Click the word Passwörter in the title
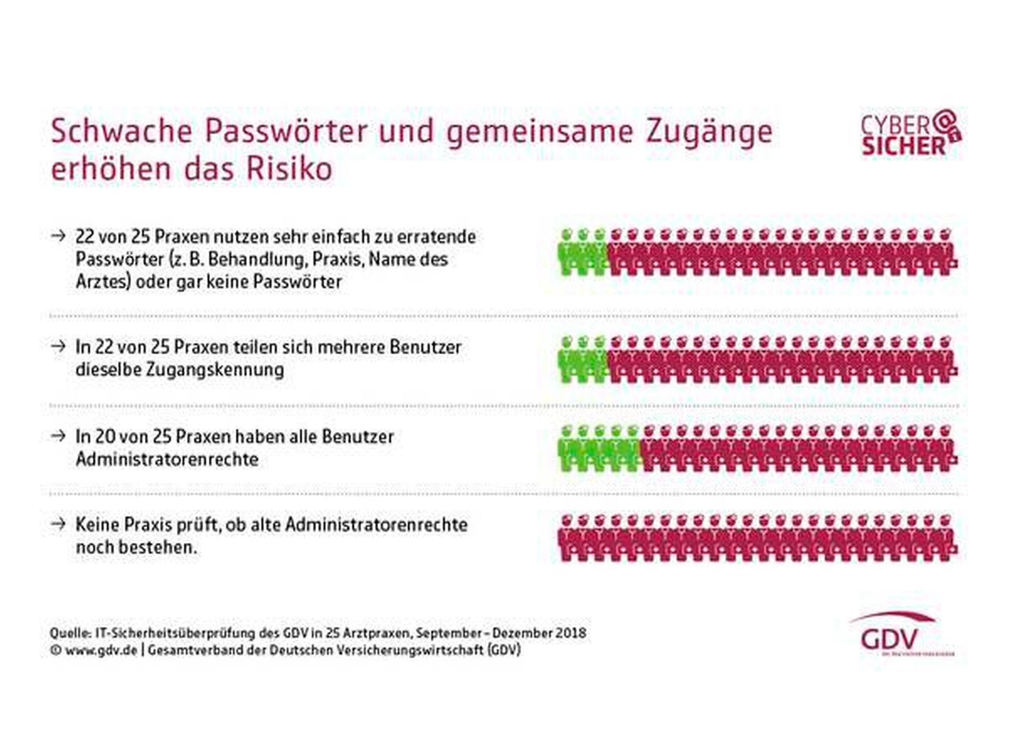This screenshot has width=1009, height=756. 286,131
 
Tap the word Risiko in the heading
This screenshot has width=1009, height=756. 289,170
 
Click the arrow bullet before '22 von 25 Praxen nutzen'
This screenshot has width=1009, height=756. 58,235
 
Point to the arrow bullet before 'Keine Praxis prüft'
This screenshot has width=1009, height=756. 58,524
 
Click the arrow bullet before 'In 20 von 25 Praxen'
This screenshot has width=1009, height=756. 58,436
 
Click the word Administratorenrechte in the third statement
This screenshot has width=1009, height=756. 167,459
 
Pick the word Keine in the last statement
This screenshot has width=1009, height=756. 98,524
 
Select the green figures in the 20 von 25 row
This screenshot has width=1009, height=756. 599,448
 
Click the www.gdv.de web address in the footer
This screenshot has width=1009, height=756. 101,650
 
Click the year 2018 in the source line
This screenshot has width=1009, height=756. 570,633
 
